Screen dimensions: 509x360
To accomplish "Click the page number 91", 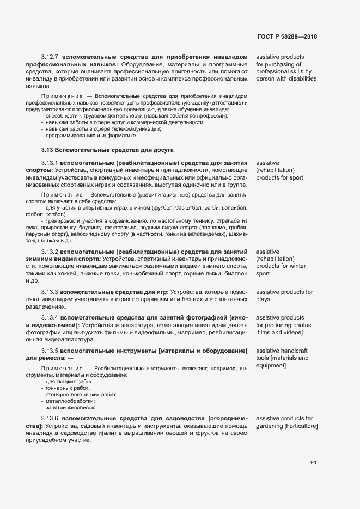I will (313, 463).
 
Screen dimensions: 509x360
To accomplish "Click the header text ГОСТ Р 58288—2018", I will (287, 37).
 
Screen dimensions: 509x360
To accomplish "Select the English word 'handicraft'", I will (295, 350).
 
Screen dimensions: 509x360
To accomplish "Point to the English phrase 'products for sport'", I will (279, 177).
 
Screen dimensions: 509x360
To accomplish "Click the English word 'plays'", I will (264, 299).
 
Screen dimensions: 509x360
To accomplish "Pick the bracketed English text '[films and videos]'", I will (279, 332).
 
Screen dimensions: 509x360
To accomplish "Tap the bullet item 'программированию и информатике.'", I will (87, 136).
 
